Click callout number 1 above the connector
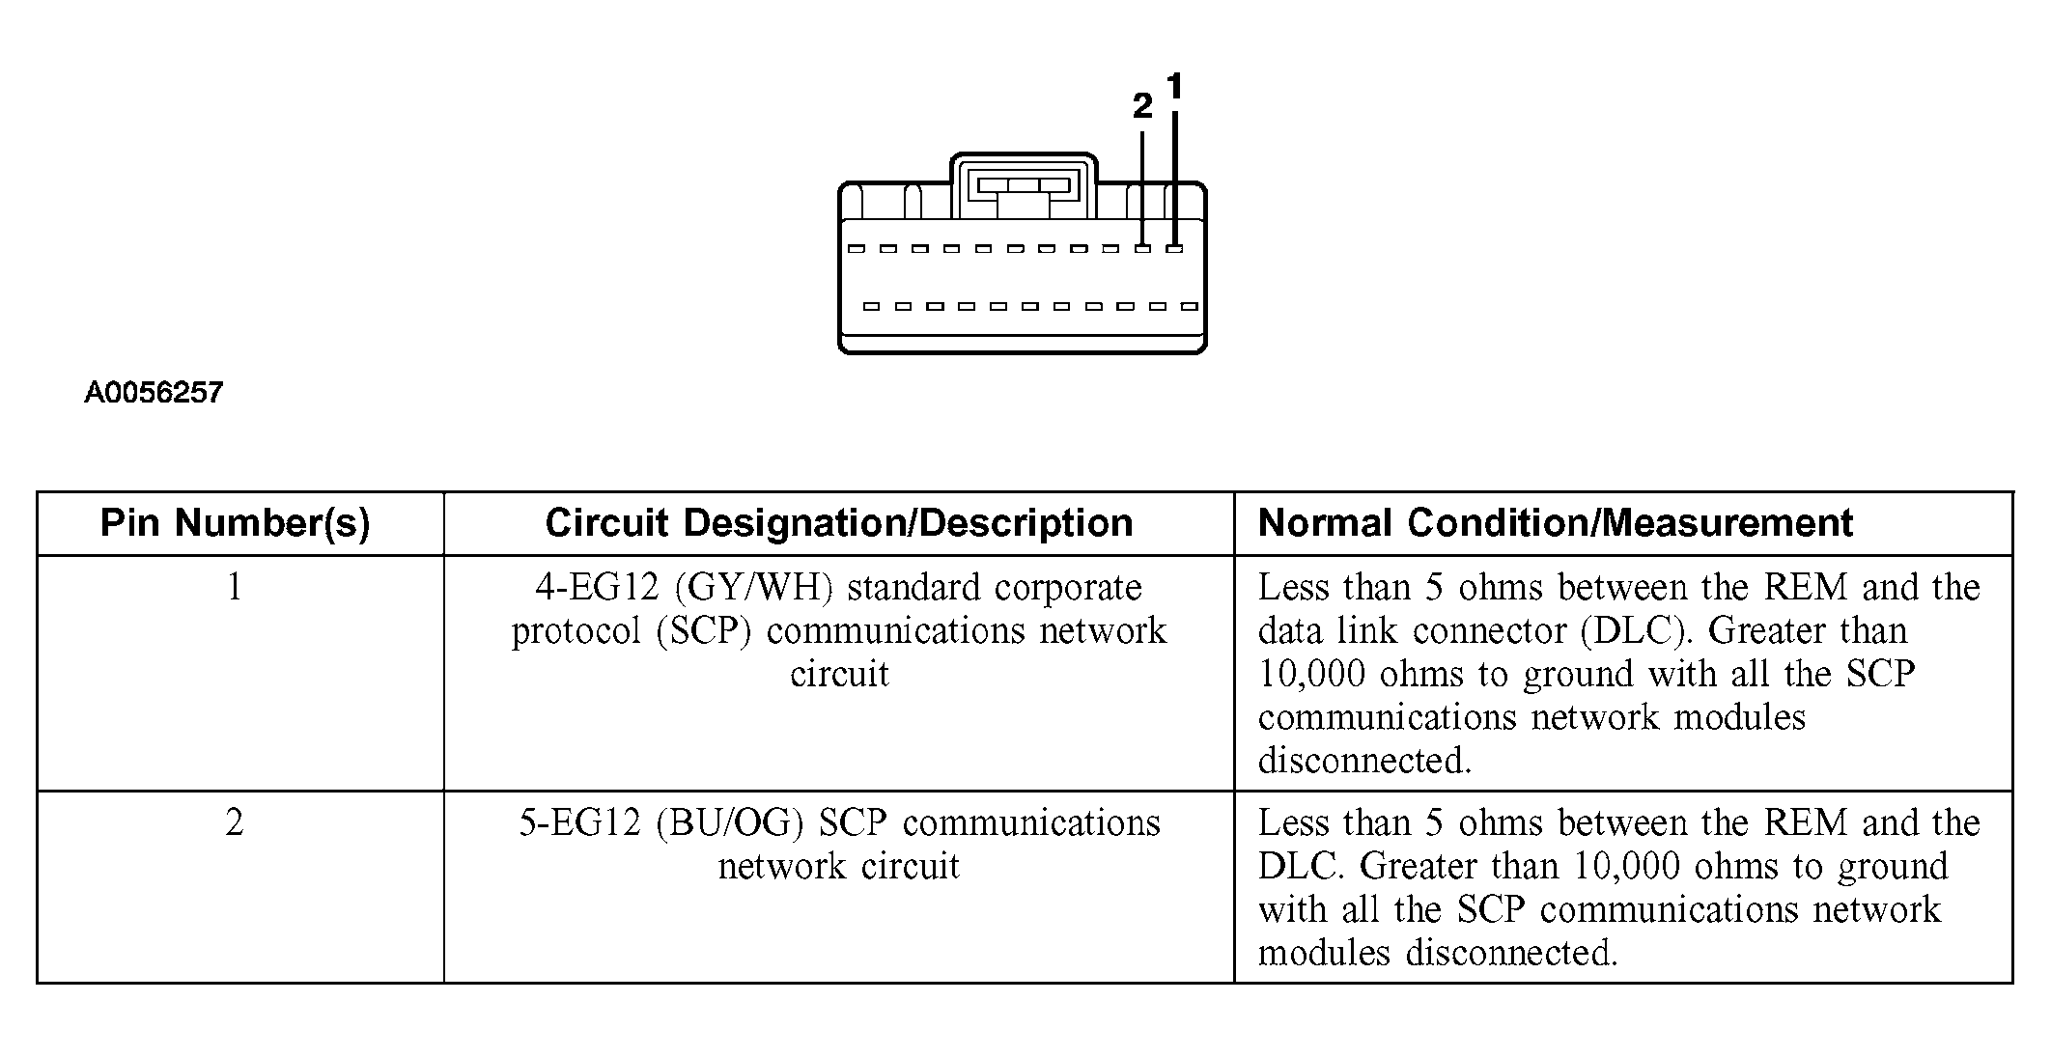tap(1174, 88)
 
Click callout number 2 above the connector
tap(1142, 106)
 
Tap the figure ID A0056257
tap(154, 393)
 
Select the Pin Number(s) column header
tap(236, 523)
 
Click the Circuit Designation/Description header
tap(838, 523)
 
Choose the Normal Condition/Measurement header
tap(1555, 523)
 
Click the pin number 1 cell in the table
tap(235, 587)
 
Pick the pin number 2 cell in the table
tap(235, 822)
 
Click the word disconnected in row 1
tap(1363, 761)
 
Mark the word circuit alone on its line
tap(838, 674)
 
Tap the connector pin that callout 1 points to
tap(1174, 249)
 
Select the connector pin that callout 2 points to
tap(1143, 249)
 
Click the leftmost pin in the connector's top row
tap(856, 249)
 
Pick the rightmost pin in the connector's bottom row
tap(1190, 307)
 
